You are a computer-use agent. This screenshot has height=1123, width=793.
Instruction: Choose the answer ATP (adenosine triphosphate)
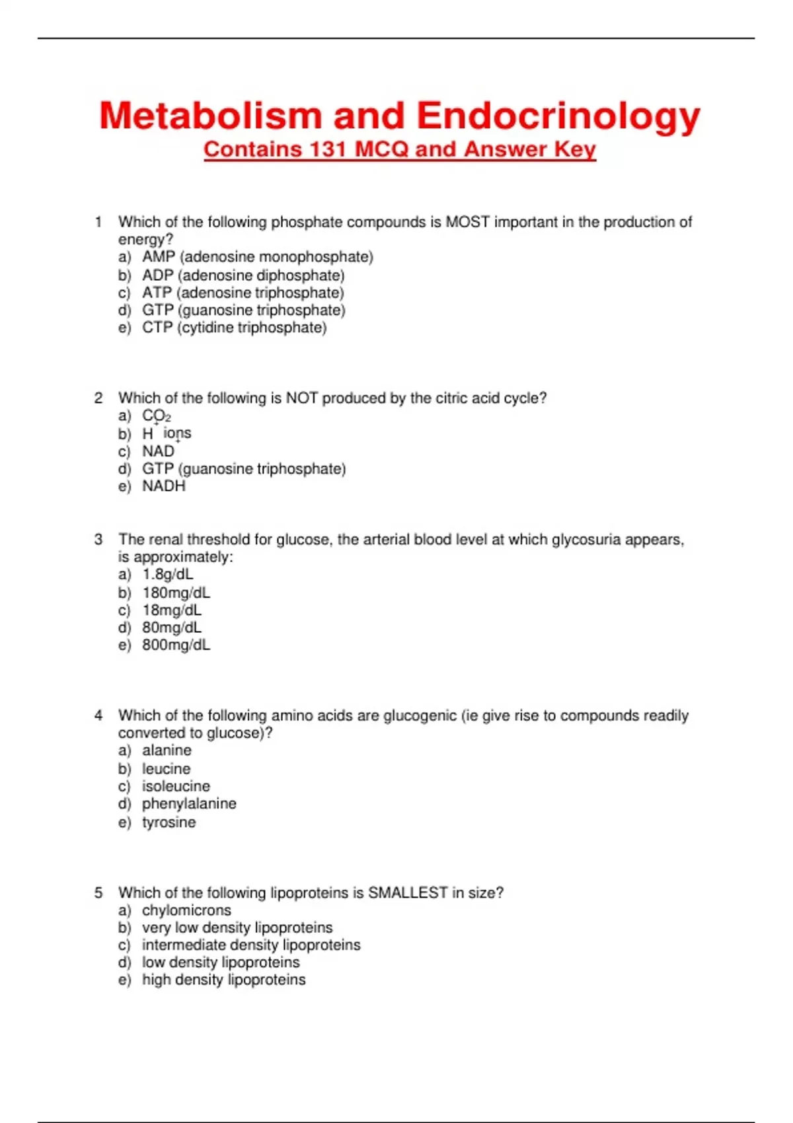243,293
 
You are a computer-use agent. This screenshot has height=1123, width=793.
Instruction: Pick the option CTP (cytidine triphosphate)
234,328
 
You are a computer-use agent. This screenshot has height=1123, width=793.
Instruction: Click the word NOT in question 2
301,398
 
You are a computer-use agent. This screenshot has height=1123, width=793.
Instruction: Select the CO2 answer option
157,416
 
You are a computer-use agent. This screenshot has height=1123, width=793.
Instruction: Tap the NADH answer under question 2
164,486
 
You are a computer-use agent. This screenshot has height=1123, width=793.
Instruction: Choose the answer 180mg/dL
176,593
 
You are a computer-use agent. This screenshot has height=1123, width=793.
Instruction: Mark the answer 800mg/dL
176,645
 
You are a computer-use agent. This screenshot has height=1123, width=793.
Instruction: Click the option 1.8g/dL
168,575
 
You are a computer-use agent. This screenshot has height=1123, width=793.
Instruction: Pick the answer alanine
167,750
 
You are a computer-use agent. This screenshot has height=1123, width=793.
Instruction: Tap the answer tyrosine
169,822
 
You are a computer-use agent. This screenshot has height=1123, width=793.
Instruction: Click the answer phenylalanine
189,804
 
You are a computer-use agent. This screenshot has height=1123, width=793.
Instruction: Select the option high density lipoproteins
223,980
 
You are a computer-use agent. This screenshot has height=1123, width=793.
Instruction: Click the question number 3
98,540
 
